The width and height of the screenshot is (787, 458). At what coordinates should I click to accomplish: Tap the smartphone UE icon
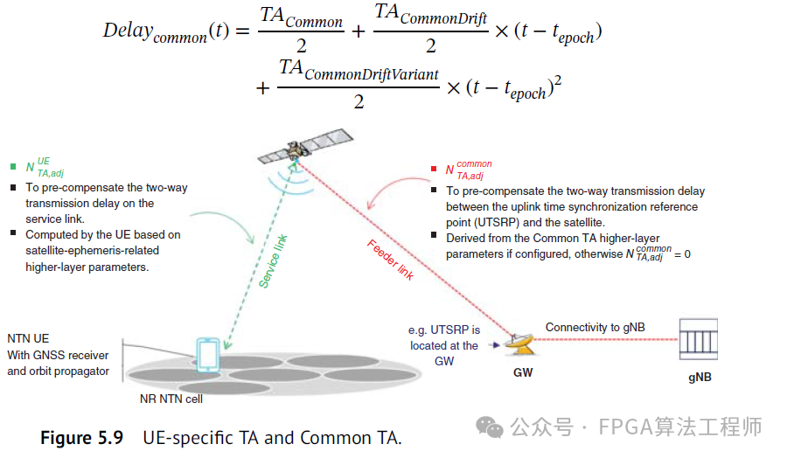click(x=208, y=354)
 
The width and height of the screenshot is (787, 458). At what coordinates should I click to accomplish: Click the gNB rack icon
click(x=698, y=340)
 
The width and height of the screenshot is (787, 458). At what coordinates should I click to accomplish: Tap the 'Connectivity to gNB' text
click(x=595, y=327)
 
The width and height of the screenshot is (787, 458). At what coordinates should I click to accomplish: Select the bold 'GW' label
click(x=523, y=372)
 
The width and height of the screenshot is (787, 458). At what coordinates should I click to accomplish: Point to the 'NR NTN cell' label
click(x=171, y=399)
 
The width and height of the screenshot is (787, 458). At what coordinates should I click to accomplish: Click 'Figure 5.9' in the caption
click(x=82, y=437)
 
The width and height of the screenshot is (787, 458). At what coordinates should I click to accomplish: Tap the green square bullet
click(x=13, y=166)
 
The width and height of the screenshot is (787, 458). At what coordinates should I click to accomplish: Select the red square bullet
click(x=434, y=169)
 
